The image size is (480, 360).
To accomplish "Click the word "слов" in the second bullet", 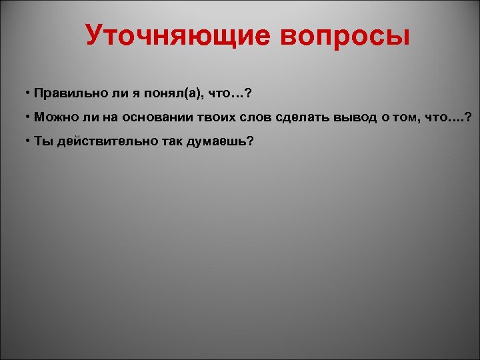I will [259, 117].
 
